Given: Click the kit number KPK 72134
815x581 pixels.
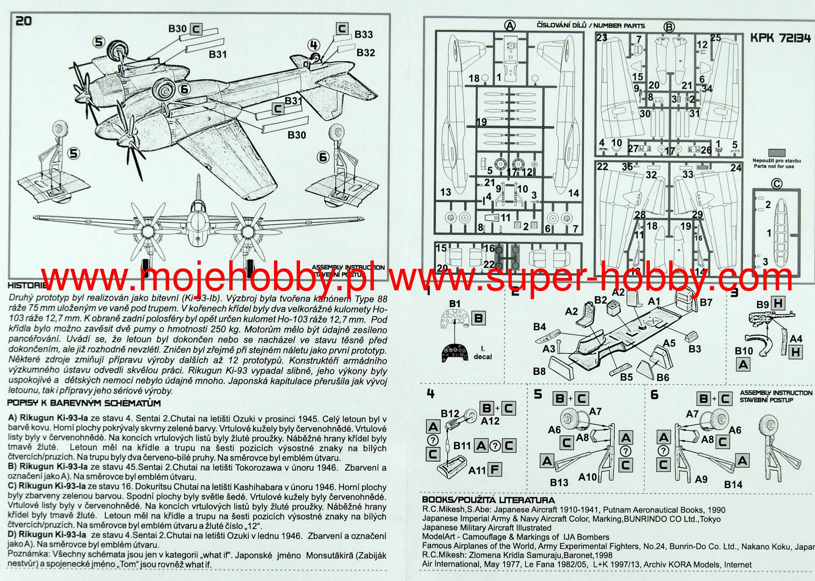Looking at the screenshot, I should (x=780, y=38).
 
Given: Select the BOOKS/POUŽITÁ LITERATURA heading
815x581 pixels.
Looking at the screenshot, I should (x=488, y=500).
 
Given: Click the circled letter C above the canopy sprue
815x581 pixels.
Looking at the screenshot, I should (x=776, y=184).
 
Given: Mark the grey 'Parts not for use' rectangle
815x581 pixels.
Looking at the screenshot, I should (x=776, y=153).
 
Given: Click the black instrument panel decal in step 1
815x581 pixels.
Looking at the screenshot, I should (x=454, y=352).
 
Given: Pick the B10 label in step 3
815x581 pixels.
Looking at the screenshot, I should (x=744, y=351).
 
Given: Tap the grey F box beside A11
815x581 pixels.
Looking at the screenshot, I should (x=494, y=470).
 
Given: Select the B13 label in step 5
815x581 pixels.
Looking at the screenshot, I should (x=559, y=483).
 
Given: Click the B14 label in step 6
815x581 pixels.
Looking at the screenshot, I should (x=733, y=485).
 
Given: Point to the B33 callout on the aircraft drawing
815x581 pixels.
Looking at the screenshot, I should (x=364, y=35).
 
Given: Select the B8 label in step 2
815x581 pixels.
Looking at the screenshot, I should (x=539, y=372).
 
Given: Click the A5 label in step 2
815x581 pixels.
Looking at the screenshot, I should (x=669, y=343).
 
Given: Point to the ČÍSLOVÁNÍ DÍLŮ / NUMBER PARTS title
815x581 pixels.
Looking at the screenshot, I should (x=591, y=26).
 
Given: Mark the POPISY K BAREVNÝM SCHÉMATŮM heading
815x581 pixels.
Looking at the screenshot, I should (x=84, y=403).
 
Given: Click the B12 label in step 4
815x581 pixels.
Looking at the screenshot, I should (x=450, y=414).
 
